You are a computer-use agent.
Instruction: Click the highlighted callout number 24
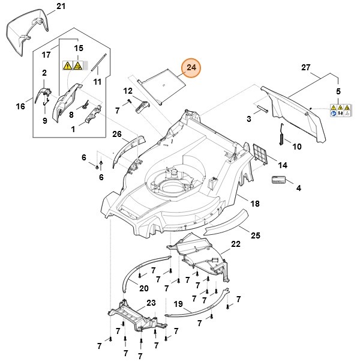click(x=191, y=68)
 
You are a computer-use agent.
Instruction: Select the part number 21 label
click(x=59, y=7)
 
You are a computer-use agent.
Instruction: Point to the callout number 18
click(x=254, y=204)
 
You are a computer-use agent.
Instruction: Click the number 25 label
click(x=254, y=235)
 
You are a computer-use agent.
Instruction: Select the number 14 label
click(x=283, y=165)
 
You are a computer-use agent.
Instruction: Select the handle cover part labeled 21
click(x=26, y=30)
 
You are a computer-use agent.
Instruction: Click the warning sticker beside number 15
click(x=73, y=65)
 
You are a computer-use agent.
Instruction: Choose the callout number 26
click(x=116, y=133)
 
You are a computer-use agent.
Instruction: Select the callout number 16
click(x=20, y=106)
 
